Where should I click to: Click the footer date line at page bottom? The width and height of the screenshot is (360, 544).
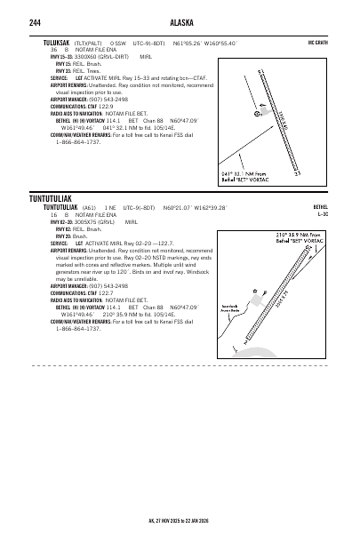coord(180,523)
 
